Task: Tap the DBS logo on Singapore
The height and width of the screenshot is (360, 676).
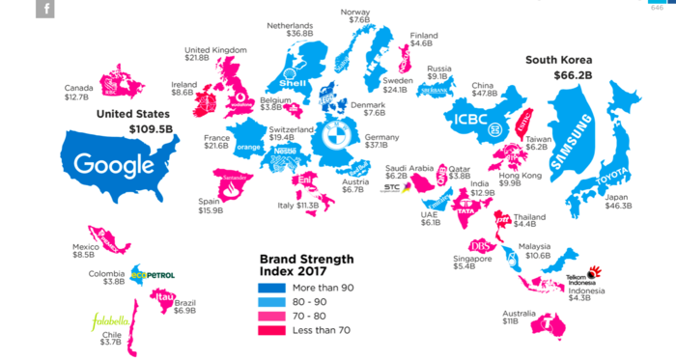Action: click(x=480, y=245)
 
